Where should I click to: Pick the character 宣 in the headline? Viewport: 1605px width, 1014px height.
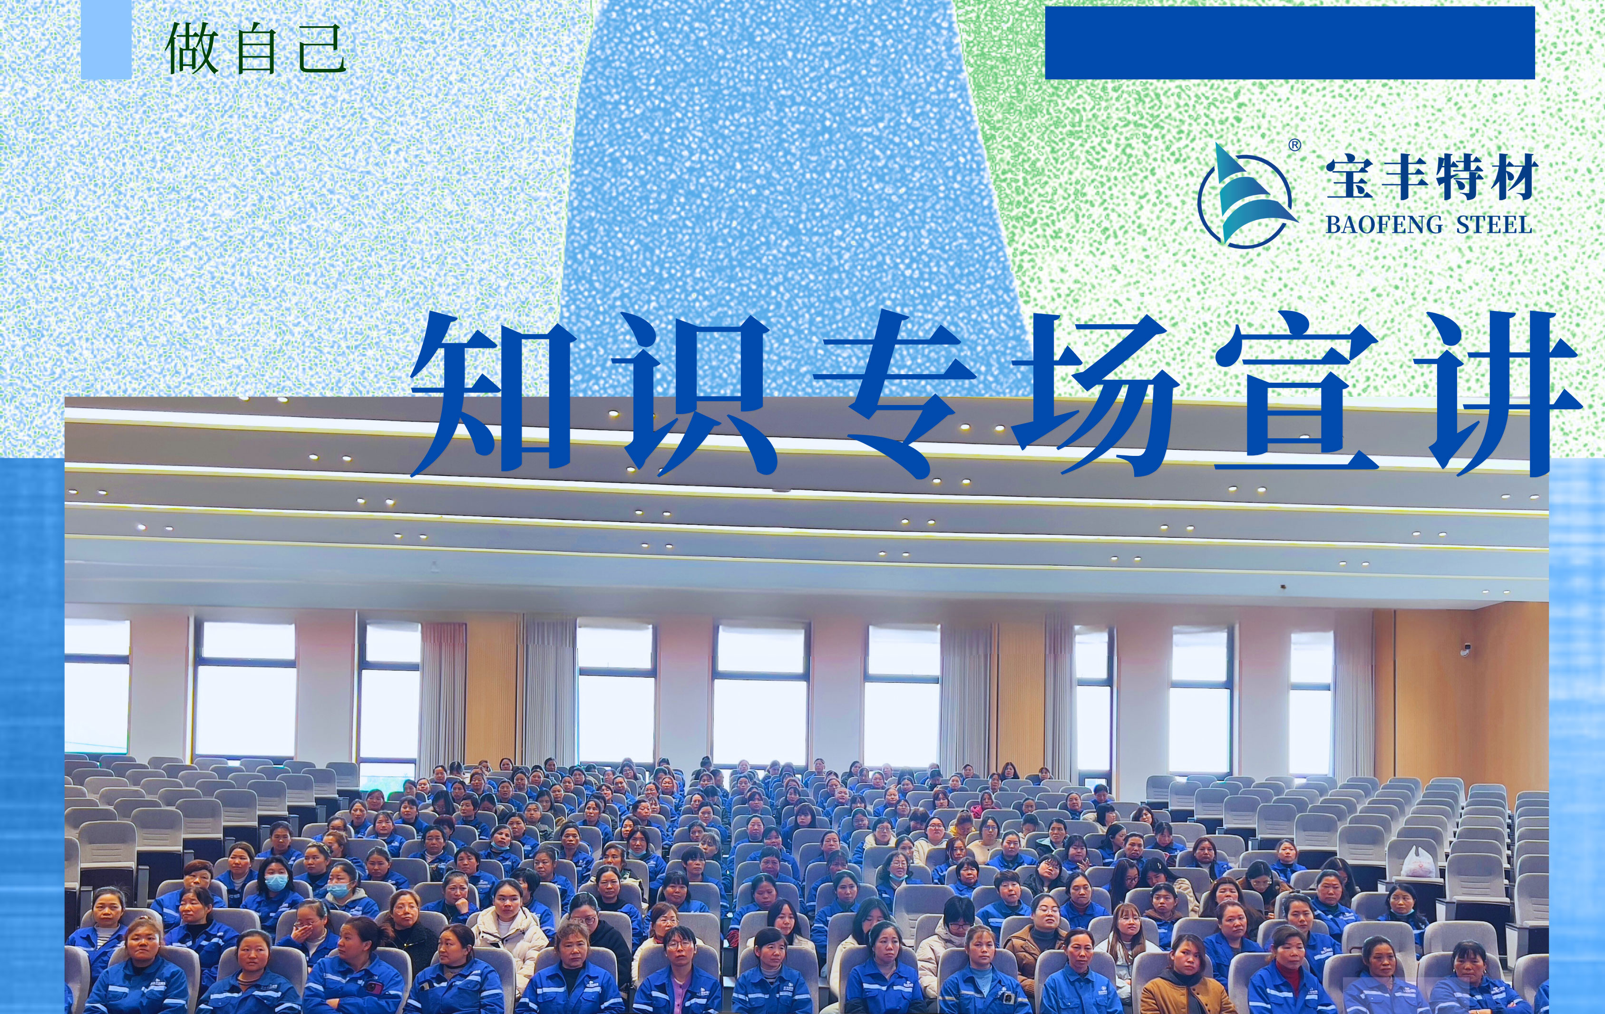coord(1297,393)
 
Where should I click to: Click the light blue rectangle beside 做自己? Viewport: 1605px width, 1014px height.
coord(106,39)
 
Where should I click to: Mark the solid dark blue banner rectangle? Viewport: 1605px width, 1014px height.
coord(1290,43)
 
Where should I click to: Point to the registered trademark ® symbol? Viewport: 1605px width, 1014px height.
coord(1294,145)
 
